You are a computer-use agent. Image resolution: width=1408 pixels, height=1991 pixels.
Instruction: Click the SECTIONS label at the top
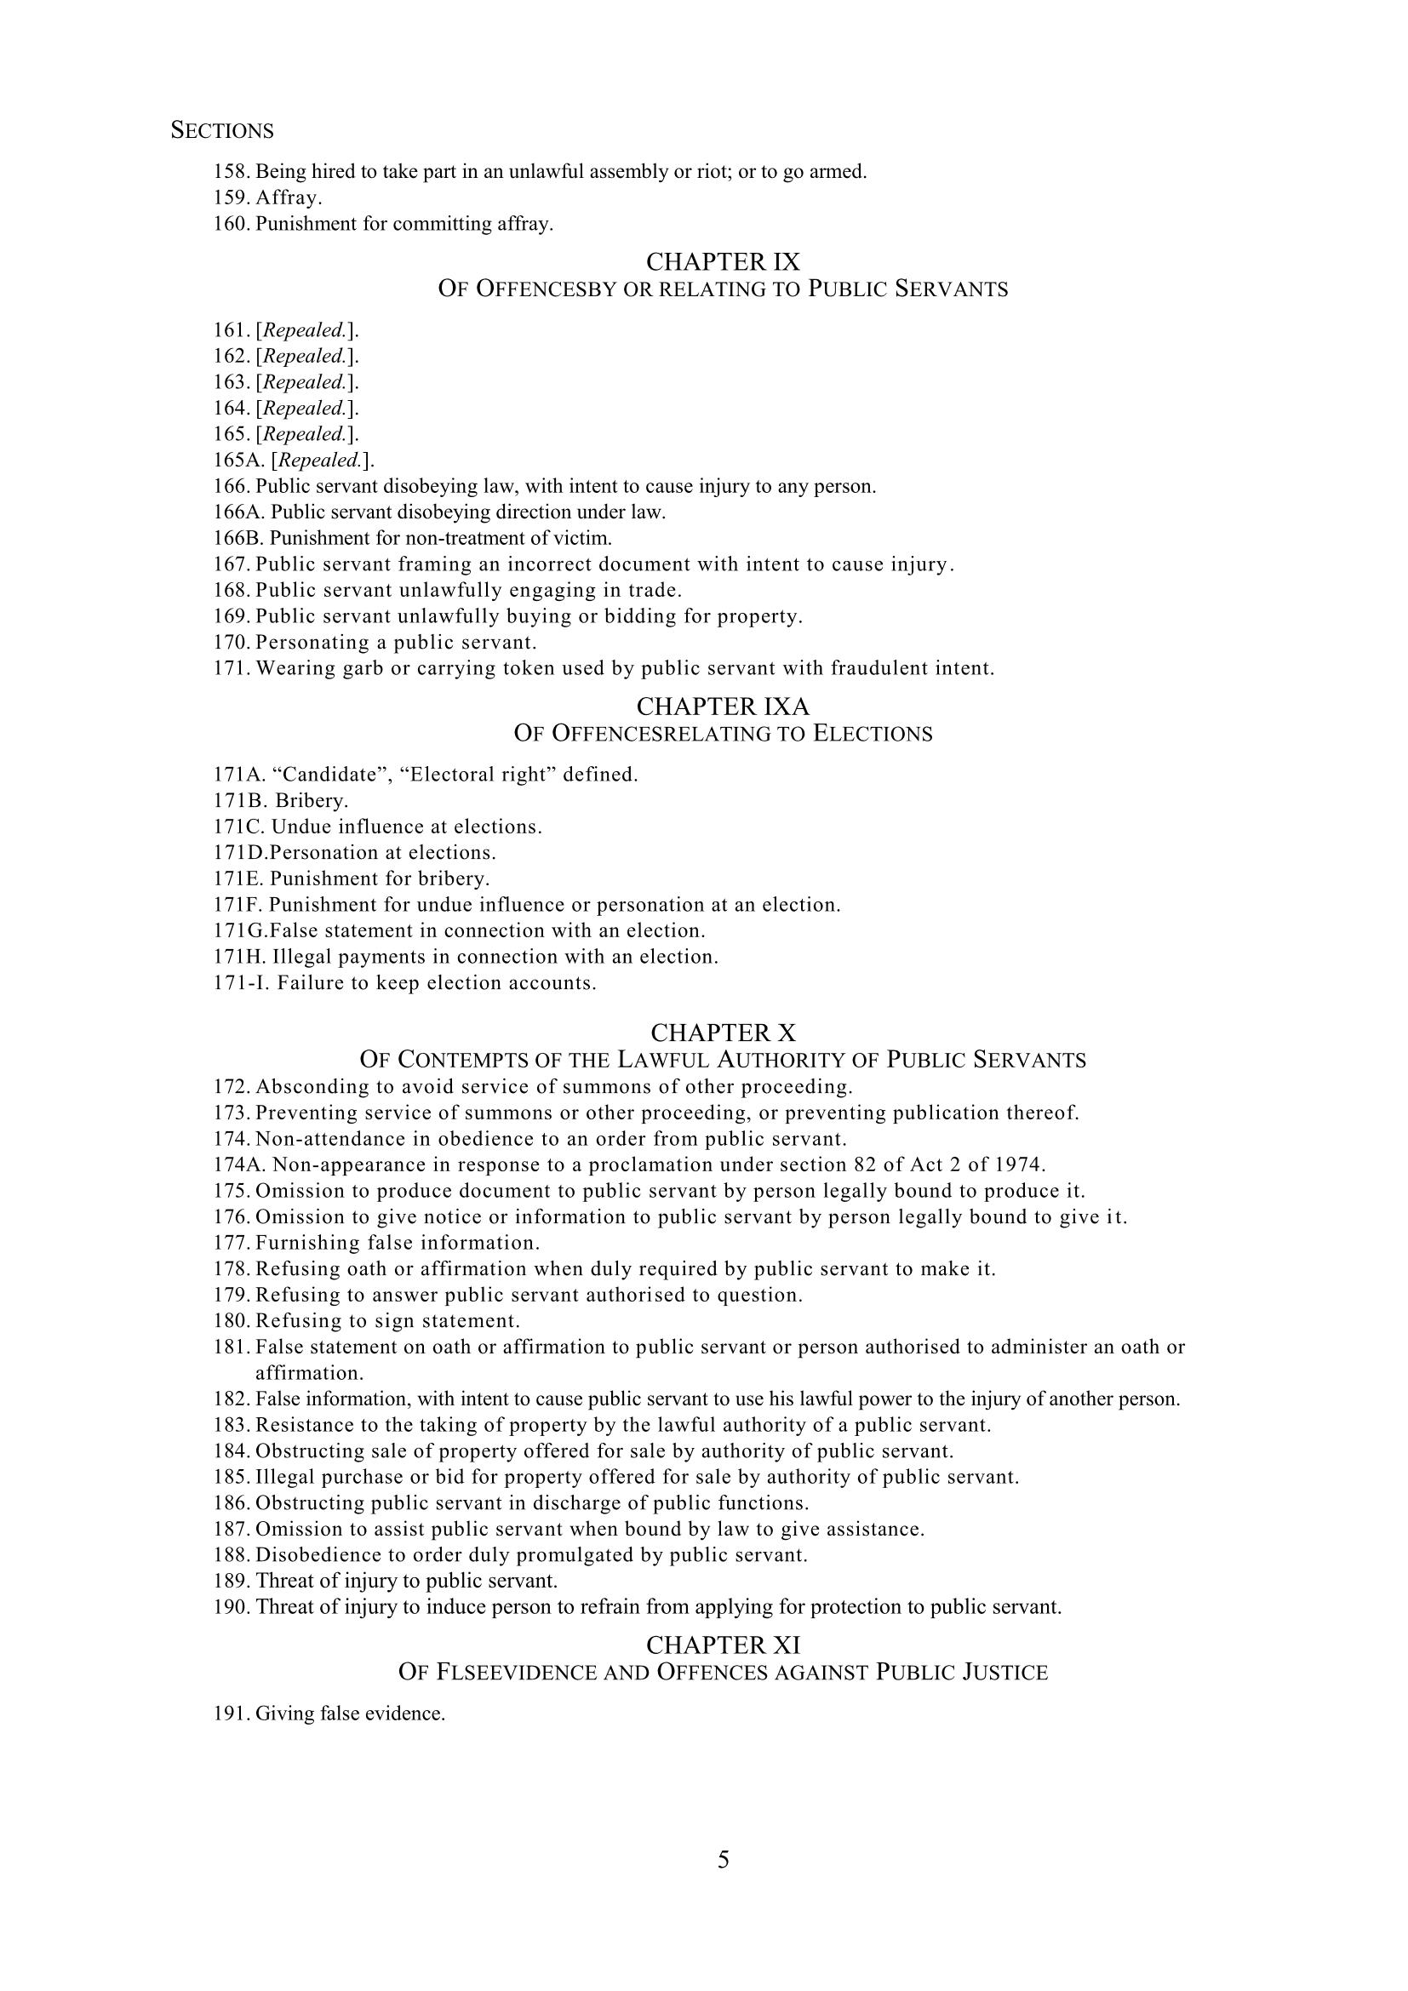(x=222, y=131)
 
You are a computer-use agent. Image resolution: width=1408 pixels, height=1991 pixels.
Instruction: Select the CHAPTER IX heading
(x=723, y=261)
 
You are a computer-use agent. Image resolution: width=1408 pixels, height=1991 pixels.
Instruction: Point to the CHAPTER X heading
(x=723, y=1033)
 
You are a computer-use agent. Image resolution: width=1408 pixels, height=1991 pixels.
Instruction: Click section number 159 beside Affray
(x=232, y=197)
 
